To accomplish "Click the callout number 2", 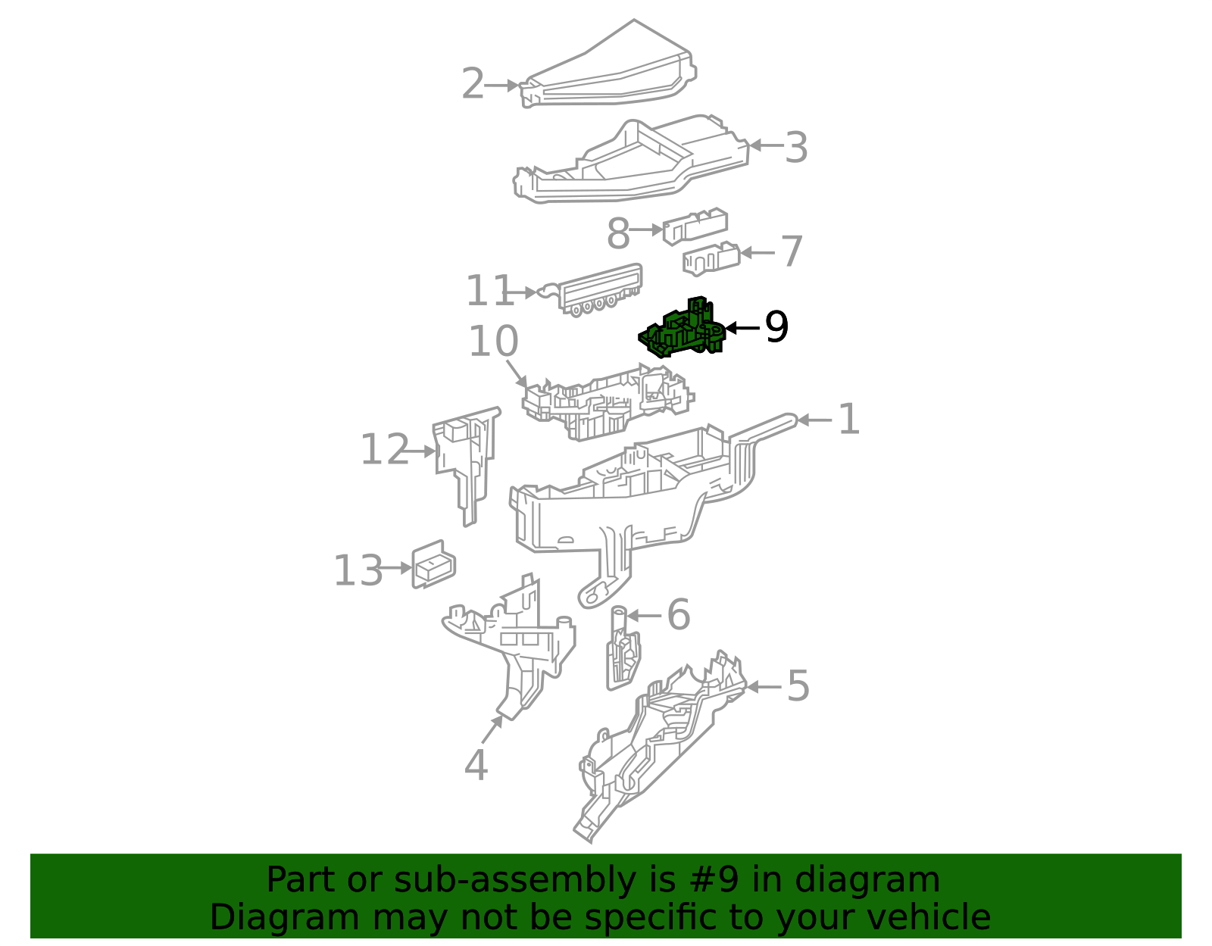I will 473,84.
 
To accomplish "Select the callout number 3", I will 796,147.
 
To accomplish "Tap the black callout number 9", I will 776,327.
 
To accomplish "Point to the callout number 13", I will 358,571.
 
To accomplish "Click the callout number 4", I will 476,765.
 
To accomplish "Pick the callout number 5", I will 798,686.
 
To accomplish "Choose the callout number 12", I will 384,451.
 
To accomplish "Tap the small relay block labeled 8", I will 695,226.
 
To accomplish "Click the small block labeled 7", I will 711,258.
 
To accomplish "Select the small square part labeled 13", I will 433,564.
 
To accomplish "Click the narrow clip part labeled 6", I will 622,651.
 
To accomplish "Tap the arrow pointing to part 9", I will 742,328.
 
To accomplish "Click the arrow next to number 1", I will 814,420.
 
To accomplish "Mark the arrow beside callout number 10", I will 517,374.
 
